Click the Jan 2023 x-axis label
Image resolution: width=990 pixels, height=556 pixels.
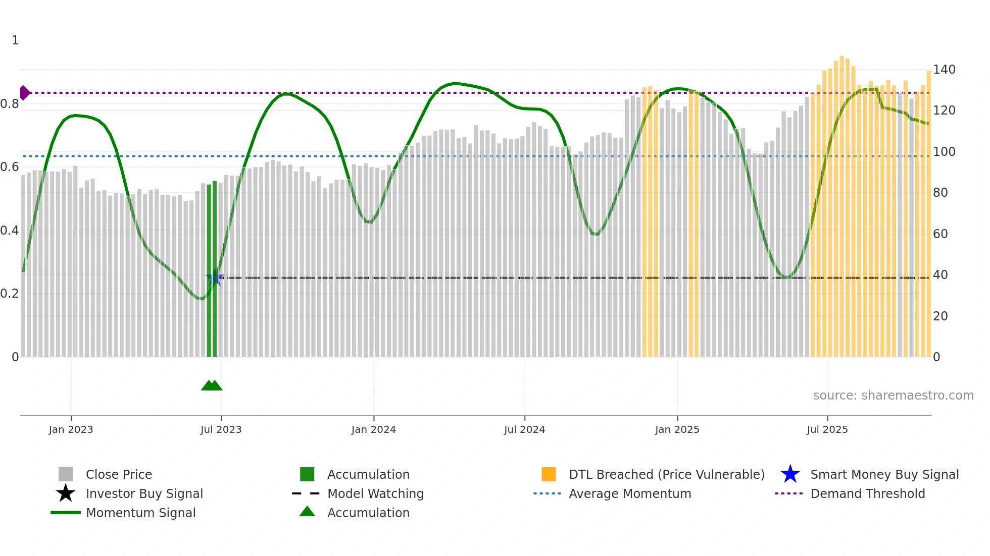point(71,429)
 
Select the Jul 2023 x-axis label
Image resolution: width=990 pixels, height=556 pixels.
point(221,429)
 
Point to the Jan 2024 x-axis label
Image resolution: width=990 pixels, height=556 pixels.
point(373,429)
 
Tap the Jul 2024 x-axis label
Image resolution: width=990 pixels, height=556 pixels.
point(524,429)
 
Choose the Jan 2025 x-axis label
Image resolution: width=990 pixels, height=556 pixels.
point(677,429)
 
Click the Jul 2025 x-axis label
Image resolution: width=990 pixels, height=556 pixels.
point(827,429)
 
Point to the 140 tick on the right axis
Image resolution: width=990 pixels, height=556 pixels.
point(944,70)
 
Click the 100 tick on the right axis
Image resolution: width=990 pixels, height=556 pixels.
point(944,151)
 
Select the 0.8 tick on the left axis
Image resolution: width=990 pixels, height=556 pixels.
point(10,104)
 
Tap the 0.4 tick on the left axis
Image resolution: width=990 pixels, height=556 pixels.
point(10,231)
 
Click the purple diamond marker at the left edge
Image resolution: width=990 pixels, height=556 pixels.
point(24,93)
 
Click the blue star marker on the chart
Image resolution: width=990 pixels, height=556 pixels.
point(214,277)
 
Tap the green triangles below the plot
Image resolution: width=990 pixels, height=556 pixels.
point(212,385)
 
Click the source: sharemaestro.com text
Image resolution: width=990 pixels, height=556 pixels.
point(893,396)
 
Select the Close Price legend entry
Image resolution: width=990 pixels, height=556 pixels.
point(119,474)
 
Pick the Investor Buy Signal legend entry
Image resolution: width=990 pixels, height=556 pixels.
point(144,493)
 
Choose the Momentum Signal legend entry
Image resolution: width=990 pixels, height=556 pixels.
point(140,513)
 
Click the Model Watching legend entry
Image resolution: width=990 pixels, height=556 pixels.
point(375,493)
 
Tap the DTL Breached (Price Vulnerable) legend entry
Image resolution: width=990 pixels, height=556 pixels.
point(666,474)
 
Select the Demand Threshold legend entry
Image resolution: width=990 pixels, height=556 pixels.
point(867,493)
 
